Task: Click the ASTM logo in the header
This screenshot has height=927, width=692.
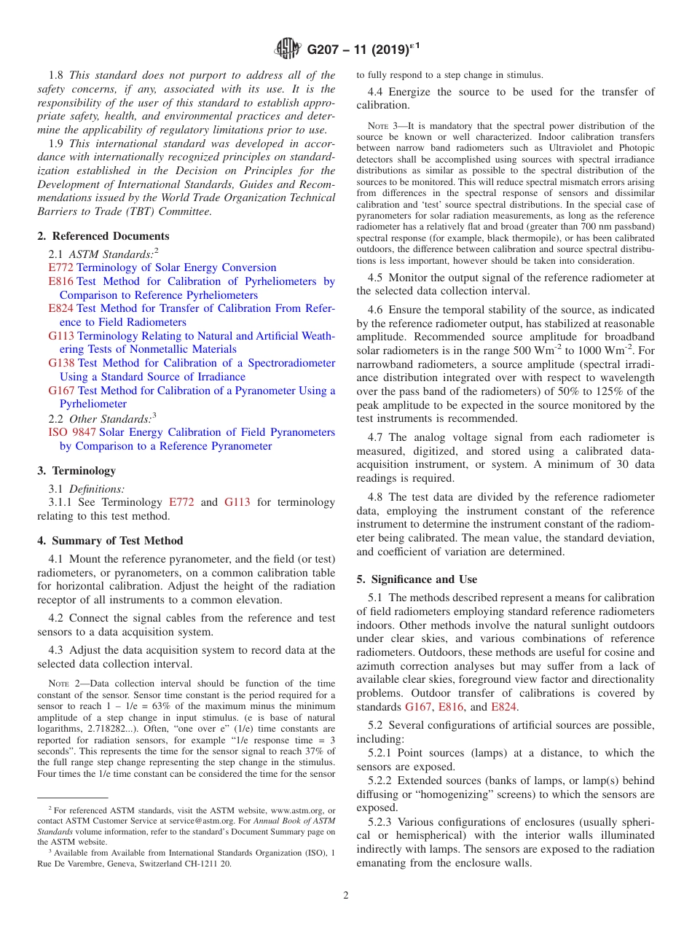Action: point(288,50)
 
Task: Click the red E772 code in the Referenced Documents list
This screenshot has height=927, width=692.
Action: point(60,267)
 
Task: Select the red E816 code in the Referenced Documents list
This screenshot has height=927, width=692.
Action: point(60,281)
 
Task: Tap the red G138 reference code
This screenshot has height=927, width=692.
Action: point(61,363)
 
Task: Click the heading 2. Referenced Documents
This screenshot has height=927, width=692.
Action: point(103,236)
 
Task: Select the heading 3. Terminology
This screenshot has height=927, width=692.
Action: point(76,471)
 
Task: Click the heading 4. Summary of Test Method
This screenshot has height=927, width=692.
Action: point(110,541)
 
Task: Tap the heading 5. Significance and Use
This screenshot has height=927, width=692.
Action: point(417,579)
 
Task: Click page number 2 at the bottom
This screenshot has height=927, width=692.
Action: point(346,896)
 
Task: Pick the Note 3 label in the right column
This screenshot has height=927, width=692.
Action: point(385,126)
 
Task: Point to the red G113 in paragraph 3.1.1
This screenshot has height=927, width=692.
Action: point(236,502)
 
